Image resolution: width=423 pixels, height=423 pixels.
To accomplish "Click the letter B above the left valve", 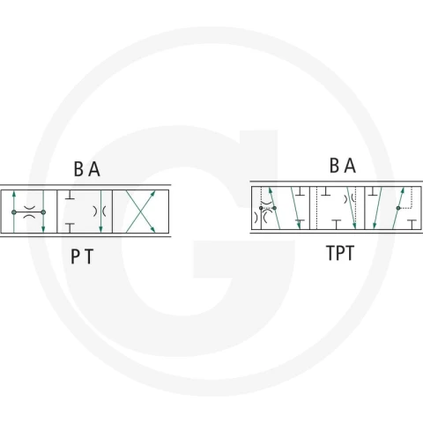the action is click(x=78, y=169).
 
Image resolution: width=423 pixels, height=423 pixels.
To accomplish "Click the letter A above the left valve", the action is click(x=94, y=169).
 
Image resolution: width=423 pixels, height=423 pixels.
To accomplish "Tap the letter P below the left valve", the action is click(x=75, y=256).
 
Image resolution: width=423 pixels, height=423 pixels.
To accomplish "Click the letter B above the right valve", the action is click(x=335, y=166).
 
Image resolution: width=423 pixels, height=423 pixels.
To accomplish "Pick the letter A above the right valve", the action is click(x=350, y=166).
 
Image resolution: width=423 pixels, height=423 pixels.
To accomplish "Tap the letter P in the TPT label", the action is click(x=340, y=253).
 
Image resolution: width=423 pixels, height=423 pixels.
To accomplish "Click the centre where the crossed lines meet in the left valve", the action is click(x=140, y=211).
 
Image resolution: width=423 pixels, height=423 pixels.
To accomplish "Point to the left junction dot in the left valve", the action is click(x=14, y=212).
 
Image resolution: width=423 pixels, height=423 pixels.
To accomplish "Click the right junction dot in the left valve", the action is click(x=43, y=212).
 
